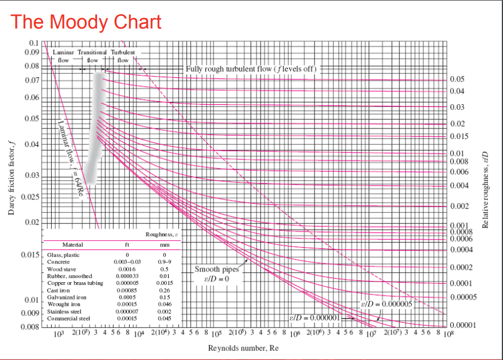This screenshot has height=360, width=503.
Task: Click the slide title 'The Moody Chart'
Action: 86,22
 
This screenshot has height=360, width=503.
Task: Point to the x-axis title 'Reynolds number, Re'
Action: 243,348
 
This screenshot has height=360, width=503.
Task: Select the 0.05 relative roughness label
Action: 457,80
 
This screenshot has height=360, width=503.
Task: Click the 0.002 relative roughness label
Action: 459,206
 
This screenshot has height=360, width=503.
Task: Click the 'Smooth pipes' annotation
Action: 216,269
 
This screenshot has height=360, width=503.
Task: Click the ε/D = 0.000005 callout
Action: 386,304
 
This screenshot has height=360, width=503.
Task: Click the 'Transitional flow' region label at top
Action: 92,56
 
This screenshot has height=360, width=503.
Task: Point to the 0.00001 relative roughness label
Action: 462,325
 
